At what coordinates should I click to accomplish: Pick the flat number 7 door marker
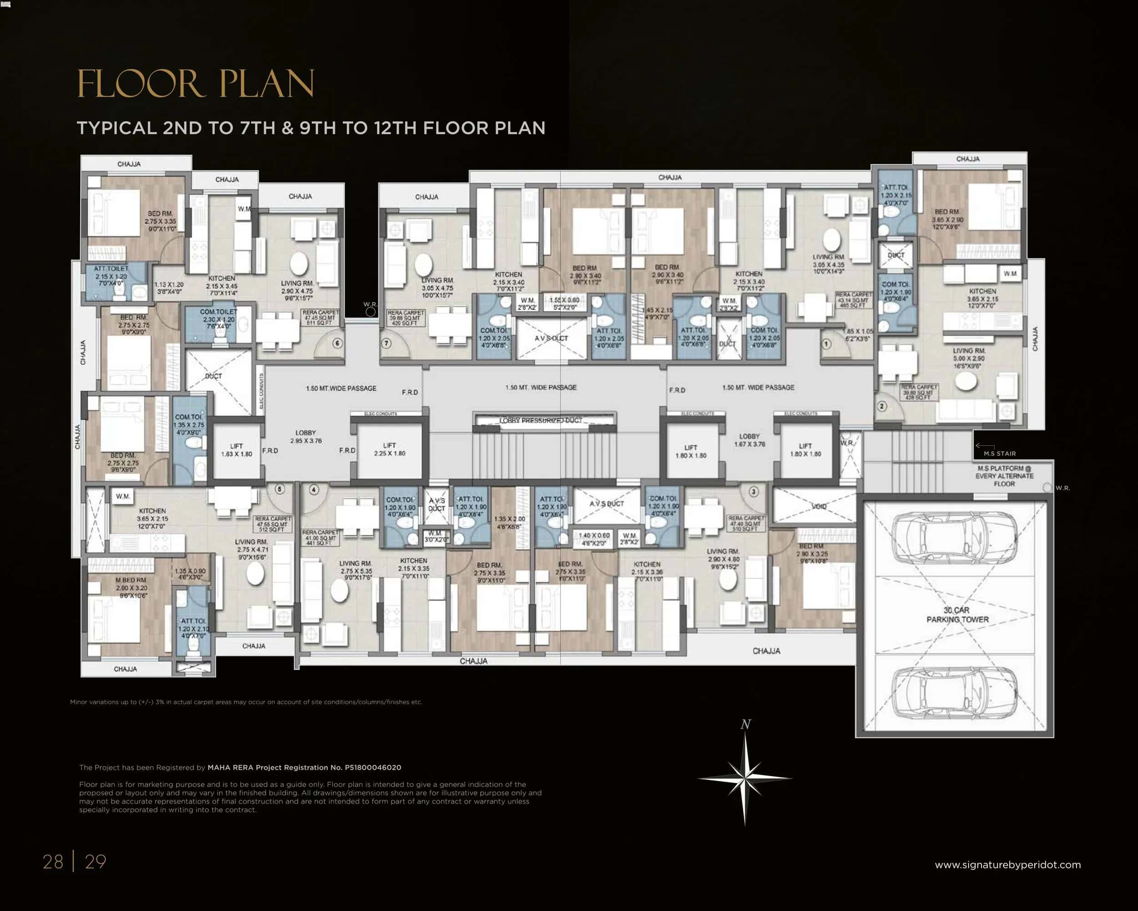387,343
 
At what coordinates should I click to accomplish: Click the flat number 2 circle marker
881,406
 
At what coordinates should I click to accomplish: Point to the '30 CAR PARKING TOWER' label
957,615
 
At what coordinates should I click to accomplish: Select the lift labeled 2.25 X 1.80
390,450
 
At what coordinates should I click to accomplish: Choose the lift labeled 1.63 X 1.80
236,450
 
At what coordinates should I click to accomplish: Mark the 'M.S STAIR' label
999,454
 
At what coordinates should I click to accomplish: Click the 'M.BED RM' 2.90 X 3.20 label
132,587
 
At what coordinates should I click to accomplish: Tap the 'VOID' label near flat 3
818,506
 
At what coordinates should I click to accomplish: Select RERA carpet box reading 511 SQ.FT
320,317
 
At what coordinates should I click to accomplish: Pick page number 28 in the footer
53,861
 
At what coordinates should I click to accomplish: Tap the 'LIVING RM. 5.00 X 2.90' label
969,358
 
